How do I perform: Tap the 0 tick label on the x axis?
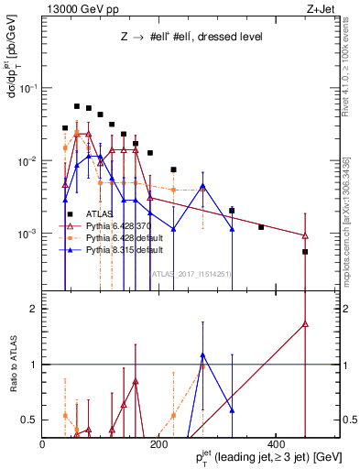tap(43, 443)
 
